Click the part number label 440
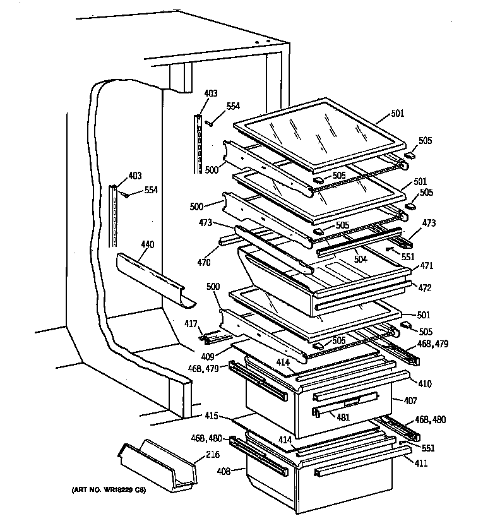click(x=147, y=244)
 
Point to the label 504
click(x=360, y=259)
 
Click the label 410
click(x=418, y=382)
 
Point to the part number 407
click(x=410, y=400)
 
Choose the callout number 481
click(x=343, y=416)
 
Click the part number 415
click(x=212, y=416)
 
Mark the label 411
click(x=419, y=463)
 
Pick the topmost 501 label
click(x=398, y=114)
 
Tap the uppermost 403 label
click(x=210, y=93)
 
